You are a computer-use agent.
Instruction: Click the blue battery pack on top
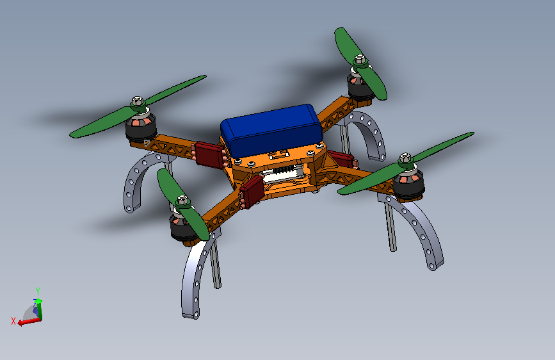pos(271,130)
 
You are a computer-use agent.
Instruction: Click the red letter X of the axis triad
pos(13,321)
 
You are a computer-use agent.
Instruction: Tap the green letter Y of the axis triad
pos(38,291)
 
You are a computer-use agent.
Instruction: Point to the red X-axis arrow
pos(29,322)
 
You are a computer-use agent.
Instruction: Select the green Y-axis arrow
pos(38,309)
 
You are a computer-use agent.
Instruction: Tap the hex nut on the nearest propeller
pos(182,200)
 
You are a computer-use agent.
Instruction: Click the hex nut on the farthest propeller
pos(360,59)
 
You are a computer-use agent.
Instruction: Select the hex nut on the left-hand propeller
pos(138,101)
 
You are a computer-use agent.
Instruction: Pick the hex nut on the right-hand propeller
pos(405,158)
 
